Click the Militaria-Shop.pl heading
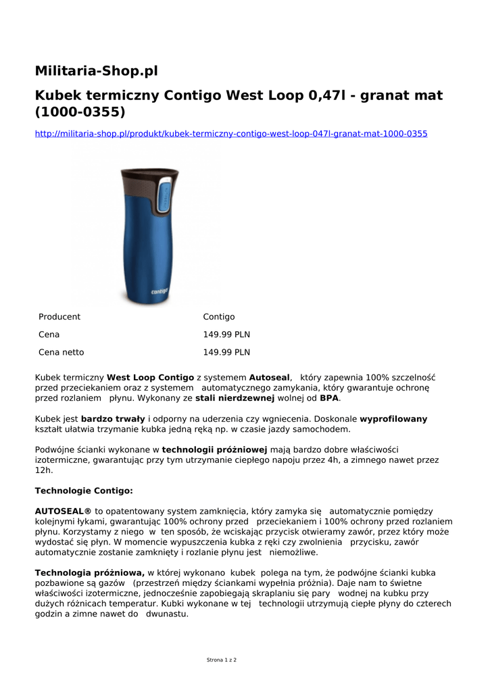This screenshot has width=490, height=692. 96,71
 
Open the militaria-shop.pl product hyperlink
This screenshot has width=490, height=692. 231,134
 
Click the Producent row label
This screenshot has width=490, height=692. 59,317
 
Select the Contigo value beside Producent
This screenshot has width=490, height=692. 219,317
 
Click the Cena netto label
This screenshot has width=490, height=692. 62,352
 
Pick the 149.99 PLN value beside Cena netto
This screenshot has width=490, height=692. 226,352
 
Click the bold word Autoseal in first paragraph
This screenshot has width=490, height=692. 270,377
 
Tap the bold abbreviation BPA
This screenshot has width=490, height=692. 329,399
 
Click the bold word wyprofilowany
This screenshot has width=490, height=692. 393,419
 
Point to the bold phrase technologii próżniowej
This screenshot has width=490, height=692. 215,449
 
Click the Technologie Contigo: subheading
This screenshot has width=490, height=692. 84,491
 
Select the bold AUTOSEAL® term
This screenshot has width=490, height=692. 63,512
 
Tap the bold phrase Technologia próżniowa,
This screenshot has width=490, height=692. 90,573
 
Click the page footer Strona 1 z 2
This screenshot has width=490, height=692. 221,660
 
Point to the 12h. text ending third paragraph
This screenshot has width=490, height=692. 43,470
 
